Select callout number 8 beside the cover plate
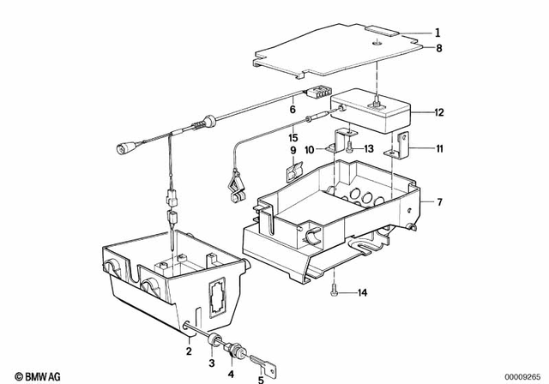coord(438,49)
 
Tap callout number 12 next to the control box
coord(438,111)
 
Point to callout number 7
coord(438,201)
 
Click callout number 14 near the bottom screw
coord(362,293)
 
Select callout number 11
coord(438,148)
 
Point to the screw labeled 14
coord(334,292)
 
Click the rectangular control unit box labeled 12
coord(378,111)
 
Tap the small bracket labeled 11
coord(401,147)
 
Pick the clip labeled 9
coord(293,170)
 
